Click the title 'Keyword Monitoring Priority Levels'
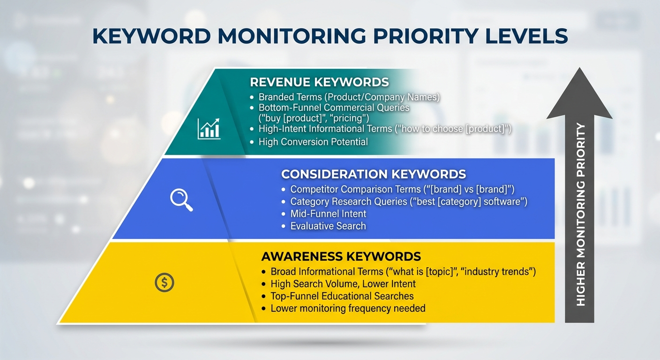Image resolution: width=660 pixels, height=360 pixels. [330, 37]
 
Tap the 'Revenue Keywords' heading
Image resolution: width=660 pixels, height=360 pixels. [319, 82]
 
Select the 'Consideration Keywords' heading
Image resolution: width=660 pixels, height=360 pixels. [373, 174]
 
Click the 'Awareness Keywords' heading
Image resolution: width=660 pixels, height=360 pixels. [341, 256]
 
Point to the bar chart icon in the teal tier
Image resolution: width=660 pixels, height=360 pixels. [209, 128]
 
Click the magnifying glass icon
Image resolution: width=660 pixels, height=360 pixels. [181, 200]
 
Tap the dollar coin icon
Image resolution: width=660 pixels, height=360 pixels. [164, 282]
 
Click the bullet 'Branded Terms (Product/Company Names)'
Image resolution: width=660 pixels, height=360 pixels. [349, 97]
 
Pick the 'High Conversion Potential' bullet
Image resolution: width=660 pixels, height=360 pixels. [313, 142]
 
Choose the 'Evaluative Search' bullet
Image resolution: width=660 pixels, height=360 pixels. [328, 226]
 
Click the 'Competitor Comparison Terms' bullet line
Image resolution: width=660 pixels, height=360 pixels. [402, 189]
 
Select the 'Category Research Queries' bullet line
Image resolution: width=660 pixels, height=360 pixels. [409, 202]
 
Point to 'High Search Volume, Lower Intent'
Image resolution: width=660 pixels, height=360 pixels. [343, 284]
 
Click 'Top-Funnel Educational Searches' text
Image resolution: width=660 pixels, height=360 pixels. [342, 296]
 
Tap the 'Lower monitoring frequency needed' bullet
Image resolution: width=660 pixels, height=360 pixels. [348, 308]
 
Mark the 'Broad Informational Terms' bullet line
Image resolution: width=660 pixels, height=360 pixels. [403, 271]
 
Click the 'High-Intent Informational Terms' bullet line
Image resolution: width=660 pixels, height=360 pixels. [385, 129]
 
